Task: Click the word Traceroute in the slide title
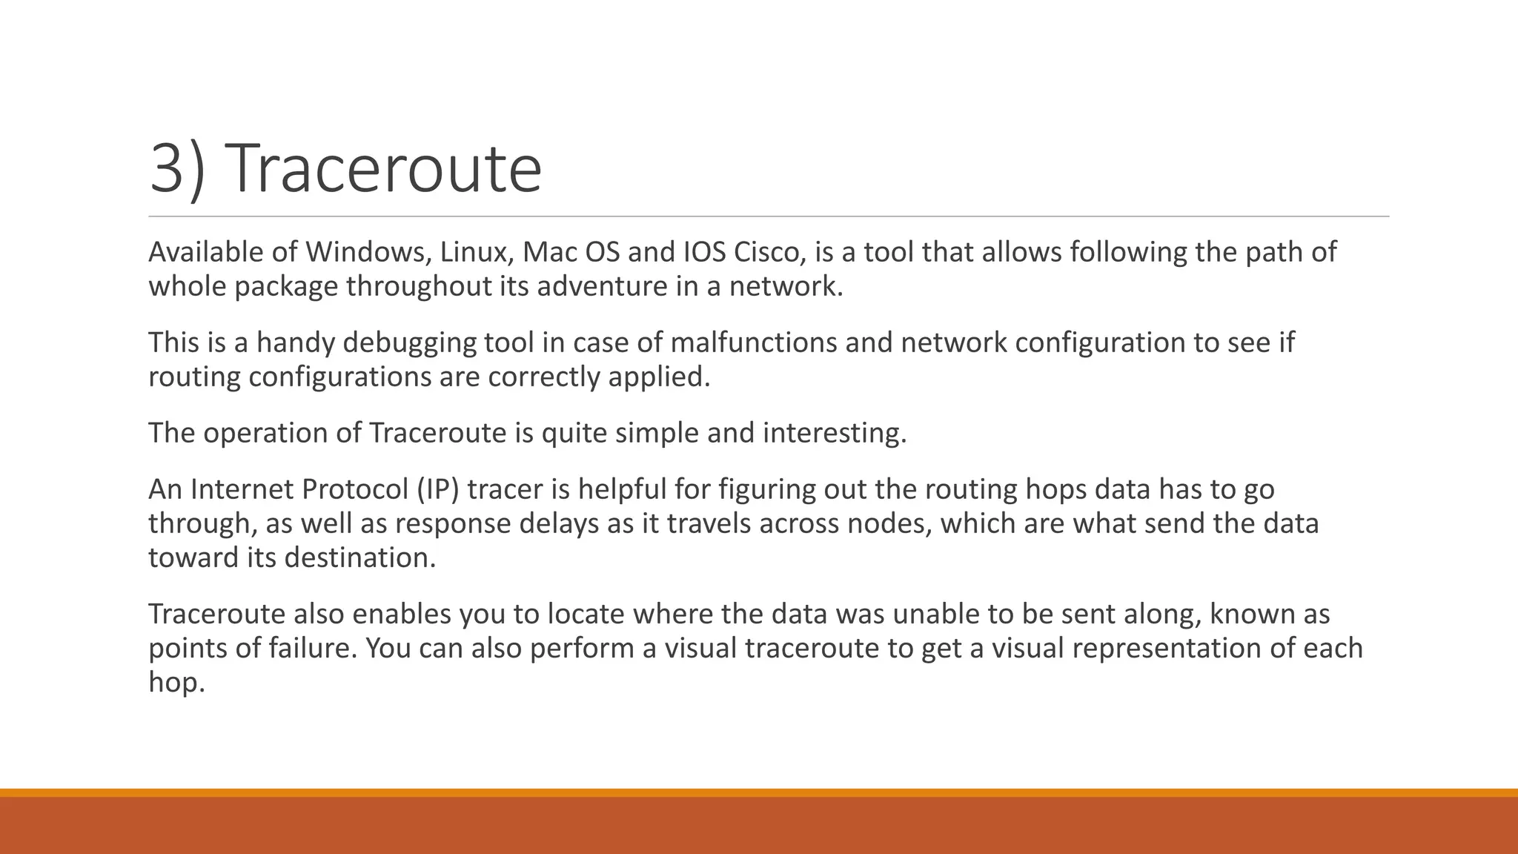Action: point(386,169)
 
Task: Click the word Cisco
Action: point(769,252)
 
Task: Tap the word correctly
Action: point(544,377)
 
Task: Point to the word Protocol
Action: point(354,489)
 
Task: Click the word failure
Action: point(313,648)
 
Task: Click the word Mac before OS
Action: point(549,252)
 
